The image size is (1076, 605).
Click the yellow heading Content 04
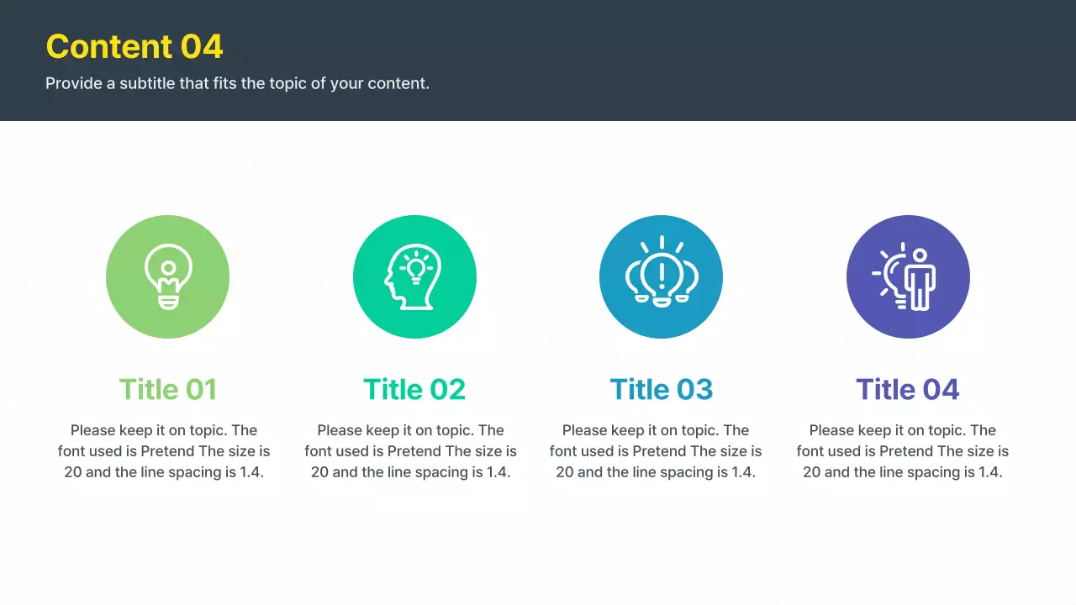click(x=134, y=46)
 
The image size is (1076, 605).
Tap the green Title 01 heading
click(x=168, y=389)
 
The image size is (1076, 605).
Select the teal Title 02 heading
click(x=414, y=389)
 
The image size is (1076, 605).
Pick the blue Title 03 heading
click(x=661, y=389)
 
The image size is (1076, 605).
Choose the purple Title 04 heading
click(x=908, y=389)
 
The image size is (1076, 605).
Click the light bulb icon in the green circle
click(x=168, y=276)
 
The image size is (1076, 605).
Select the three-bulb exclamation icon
click(x=661, y=271)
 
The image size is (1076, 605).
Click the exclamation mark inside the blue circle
click(x=662, y=271)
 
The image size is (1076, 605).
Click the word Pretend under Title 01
click(x=167, y=451)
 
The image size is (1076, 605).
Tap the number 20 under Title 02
click(x=319, y=472)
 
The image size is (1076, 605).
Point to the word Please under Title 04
click(x=831, y=430)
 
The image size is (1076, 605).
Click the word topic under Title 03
click(x=699, y=430)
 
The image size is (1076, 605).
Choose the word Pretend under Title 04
click(x=906, y=451)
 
